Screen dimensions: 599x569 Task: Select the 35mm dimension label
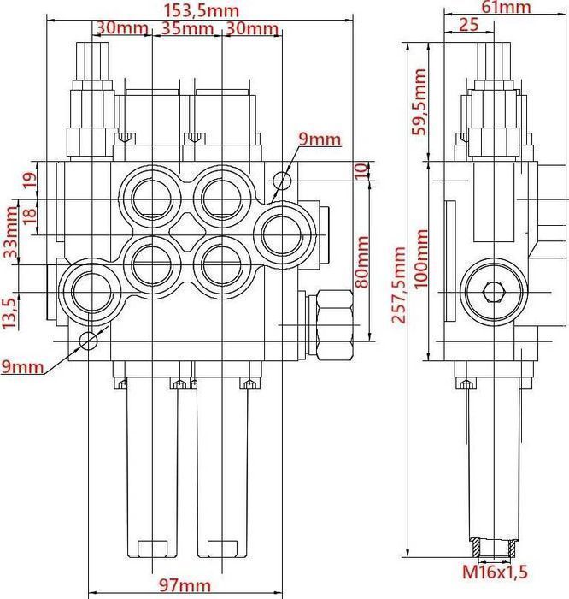coord(187,27)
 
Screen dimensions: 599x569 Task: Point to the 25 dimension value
coord(468,25)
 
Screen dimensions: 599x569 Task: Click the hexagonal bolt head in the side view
coord(490,293)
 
